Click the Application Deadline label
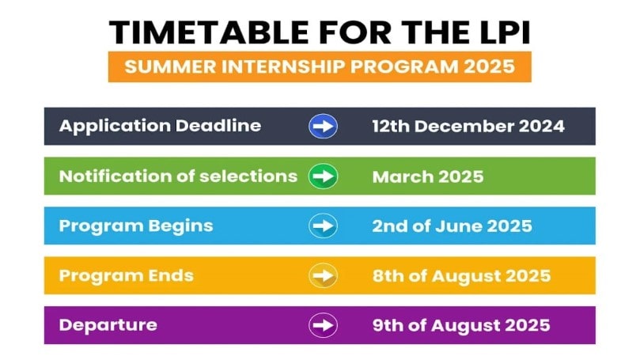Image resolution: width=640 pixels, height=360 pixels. point(160,126)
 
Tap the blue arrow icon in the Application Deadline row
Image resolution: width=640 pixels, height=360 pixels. point(323,126)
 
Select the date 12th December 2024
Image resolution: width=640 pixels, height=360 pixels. point(468,127)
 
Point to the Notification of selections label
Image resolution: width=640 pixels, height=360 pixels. point(178,176)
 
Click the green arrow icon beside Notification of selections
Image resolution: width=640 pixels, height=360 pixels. point(323,176)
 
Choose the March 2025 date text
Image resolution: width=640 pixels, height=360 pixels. point(427,176)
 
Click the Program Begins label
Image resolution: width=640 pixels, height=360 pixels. point(136,225)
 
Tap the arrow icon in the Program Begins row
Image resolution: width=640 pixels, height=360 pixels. point(323,226)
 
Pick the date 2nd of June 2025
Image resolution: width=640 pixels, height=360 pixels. point(452,226)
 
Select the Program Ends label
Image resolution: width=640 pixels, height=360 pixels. point(127,275)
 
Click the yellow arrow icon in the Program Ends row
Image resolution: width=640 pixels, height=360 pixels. point(323,276)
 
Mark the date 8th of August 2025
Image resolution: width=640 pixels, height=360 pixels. point(461,276)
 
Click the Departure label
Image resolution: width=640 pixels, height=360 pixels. point(108,324)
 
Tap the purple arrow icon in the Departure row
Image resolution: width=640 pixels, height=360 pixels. point(323,325)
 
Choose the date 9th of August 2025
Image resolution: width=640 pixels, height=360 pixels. point(461,325)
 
